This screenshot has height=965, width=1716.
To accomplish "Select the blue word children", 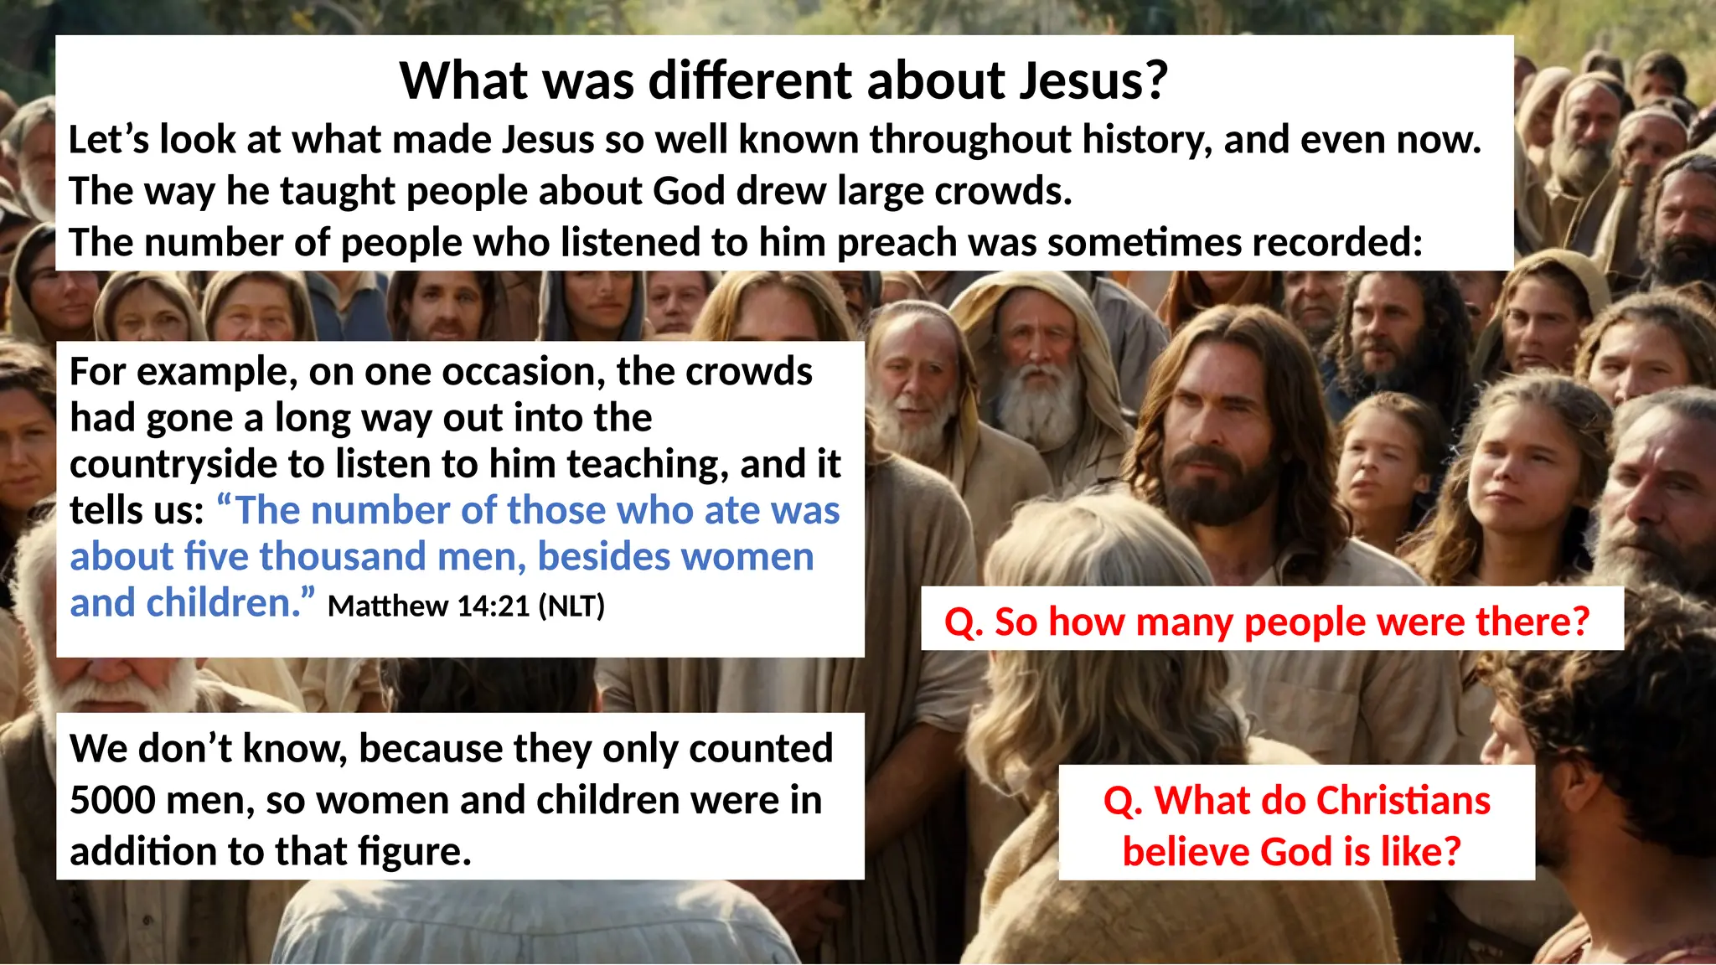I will [x=225, y=603].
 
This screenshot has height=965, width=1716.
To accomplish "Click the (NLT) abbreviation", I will [x=571, y=606].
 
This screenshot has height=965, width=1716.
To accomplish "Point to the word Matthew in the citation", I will [x=388, y=606].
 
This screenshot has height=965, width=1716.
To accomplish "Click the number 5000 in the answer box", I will [x=111, y=801].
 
